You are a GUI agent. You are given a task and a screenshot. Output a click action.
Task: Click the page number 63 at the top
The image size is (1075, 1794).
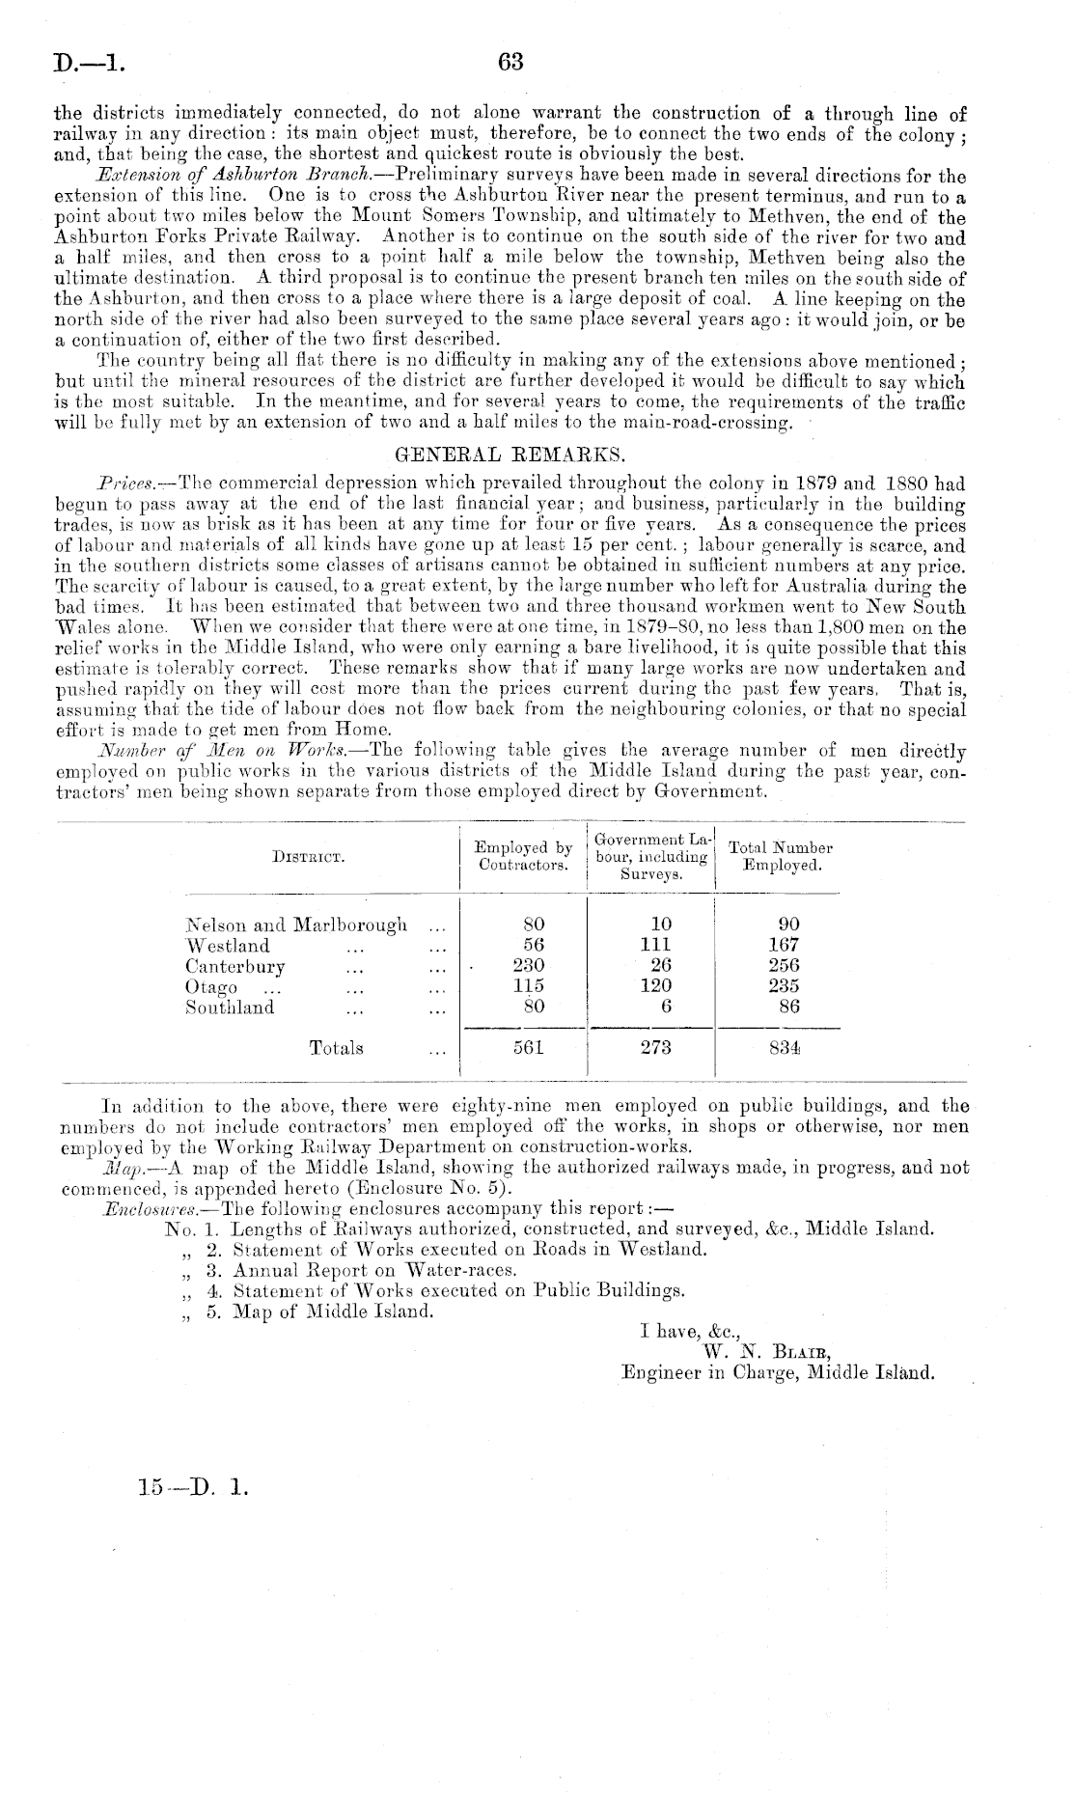coord(510,63)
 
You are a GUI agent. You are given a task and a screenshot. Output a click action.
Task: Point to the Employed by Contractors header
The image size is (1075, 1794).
coord(523,856)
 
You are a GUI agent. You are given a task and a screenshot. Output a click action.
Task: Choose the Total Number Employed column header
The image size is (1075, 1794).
coord(781,856)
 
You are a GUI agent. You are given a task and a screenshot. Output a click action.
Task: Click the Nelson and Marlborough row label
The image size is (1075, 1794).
coord(296,925)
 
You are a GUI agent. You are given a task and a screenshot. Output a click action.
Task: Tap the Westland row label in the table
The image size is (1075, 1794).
coord(228,946)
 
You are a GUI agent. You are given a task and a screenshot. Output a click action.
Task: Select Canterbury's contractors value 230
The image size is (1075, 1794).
coord(528,966)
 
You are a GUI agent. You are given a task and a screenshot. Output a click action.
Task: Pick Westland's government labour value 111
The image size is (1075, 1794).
coord(656,946)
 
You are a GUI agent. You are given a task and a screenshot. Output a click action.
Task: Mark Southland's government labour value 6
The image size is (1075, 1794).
coord(666,1007)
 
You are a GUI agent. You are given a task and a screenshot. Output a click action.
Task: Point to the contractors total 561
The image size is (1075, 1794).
coord(528,1048)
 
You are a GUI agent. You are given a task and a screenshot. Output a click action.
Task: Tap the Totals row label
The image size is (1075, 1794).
coord(336,1048)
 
